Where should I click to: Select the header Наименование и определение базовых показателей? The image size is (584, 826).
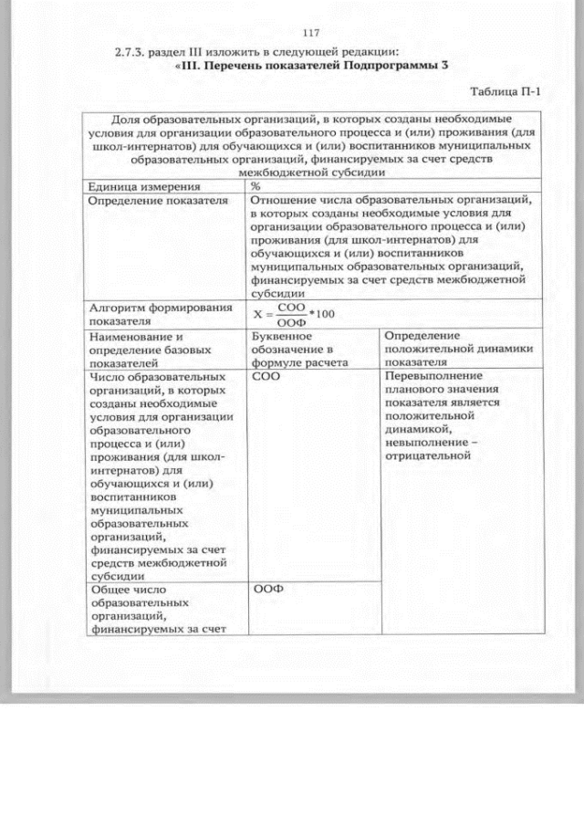(x=149, y=349)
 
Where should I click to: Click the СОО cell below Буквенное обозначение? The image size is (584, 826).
(x=266, y=376)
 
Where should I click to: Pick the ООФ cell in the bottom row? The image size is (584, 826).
(x=266, y=590)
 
